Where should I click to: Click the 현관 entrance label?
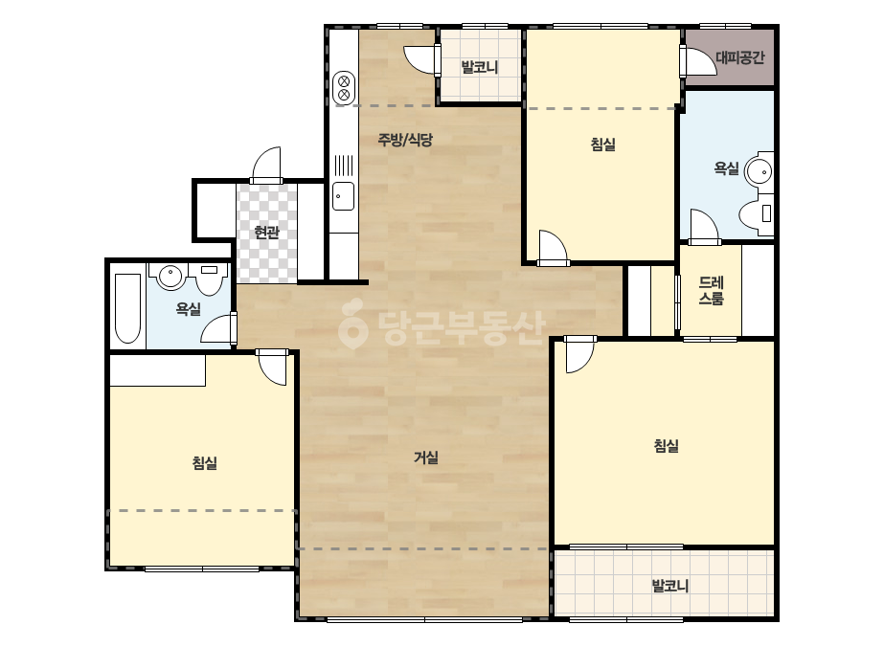tap(266, 233)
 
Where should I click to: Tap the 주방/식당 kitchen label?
tap(405, 139)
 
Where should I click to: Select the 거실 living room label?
tap(426, 457)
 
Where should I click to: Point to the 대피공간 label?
tap(740, 57)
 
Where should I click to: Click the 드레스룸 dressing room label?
tap(711, 290)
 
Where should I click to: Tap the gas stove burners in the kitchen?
tap(343, 88)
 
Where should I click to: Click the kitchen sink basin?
tap(343, 196)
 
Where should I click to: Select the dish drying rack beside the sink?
tap(343, 166)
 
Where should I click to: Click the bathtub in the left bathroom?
tap(128, 308)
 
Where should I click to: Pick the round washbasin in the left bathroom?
tap(170, 277)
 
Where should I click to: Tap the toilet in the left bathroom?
tap(209, 279)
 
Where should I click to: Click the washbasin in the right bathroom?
tap(759, 170)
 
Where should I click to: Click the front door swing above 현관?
tap(266, 166)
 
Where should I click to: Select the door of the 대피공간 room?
tap(698, 61)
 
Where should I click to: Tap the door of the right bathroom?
tap(704, 227)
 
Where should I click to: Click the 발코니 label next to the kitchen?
tap(480, 68)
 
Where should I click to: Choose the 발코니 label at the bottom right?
tap(670, 586)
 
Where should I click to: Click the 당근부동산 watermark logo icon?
tap(352, 323)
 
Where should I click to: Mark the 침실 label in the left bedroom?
tap(205, 463)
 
